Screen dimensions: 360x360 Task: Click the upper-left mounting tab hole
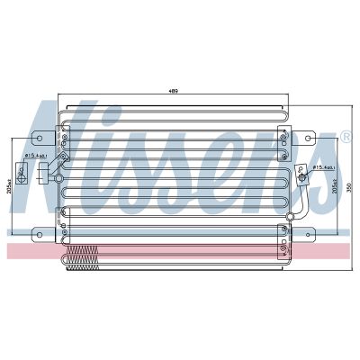[38, 139]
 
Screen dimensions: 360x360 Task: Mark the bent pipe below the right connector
[297, 202]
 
